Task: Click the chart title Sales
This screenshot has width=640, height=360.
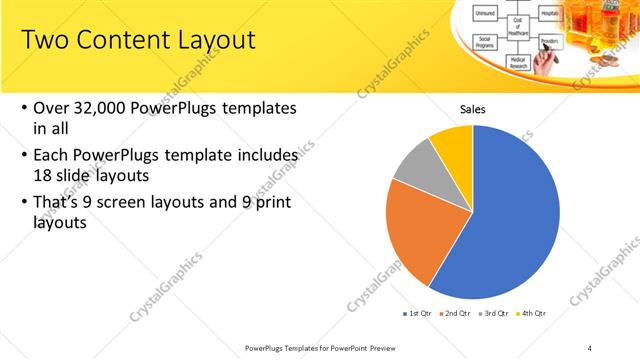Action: (x=473, y=109)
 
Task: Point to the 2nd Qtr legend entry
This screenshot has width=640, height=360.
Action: (x=457, y=314)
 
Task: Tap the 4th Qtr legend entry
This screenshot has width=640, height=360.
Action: (x=533, y=314)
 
